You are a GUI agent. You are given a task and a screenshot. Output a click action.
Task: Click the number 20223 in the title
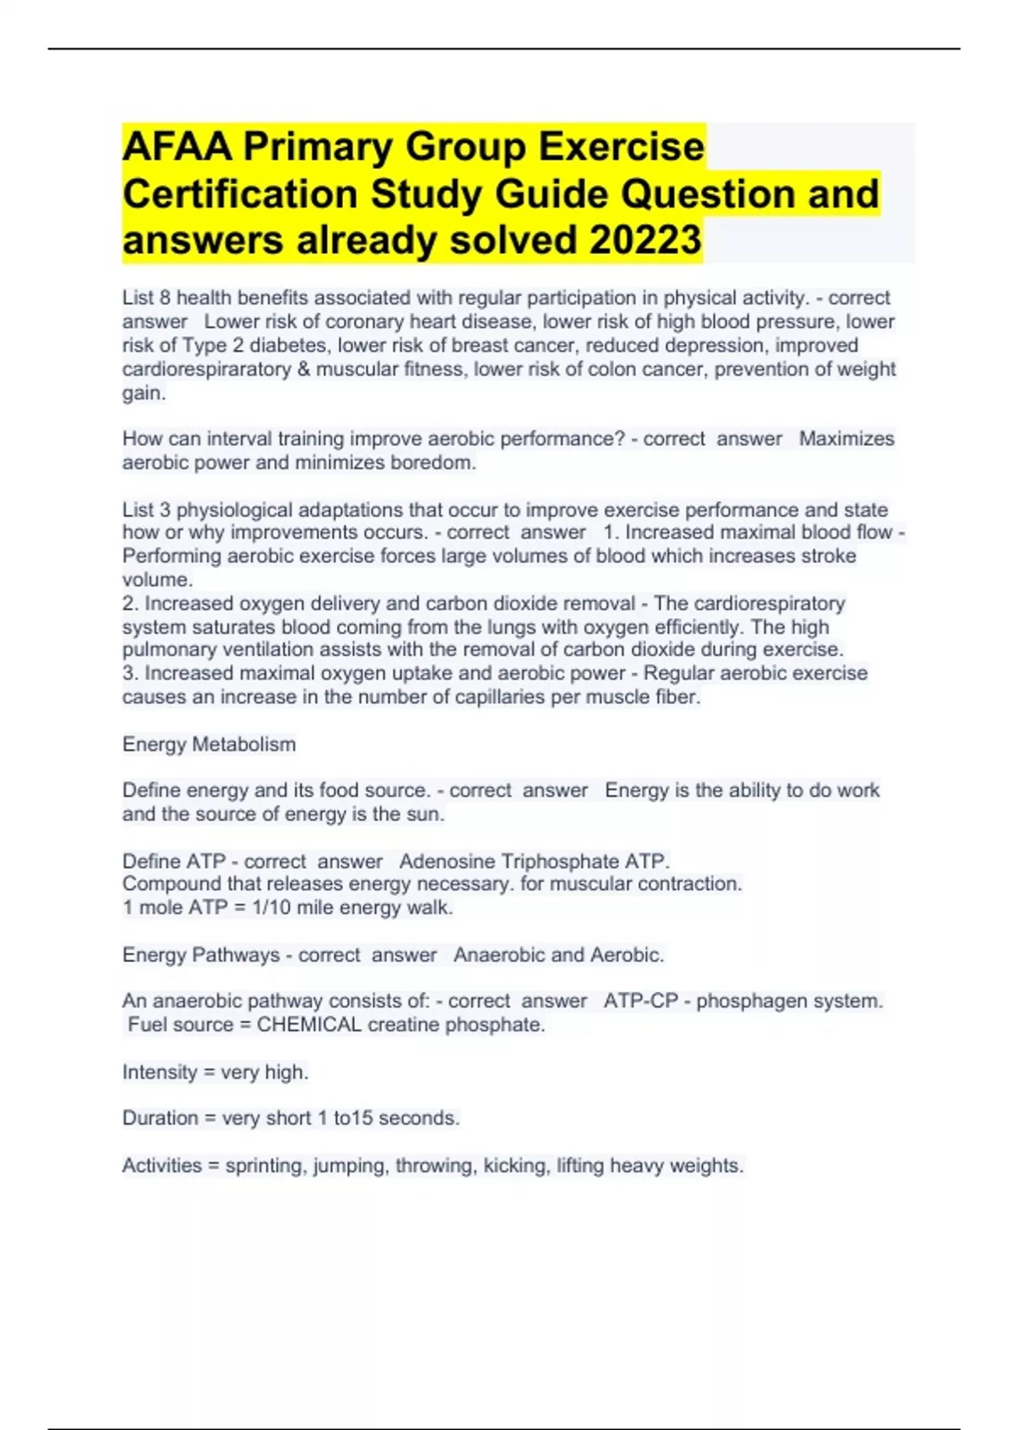(x=645, y=240)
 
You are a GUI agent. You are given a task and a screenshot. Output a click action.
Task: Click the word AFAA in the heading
(x=177, y=147)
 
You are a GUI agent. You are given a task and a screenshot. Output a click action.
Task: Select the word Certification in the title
(x=240, y=194)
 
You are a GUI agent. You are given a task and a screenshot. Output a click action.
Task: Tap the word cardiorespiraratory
(x=206, y=369)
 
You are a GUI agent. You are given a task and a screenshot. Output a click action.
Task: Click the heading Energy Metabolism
(x=209, y=744)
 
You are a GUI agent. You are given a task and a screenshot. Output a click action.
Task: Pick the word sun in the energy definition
(x=424, y=814)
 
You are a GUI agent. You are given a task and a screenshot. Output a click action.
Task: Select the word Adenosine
(x=446, y=861)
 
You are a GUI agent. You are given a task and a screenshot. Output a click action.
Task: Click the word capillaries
(x=499, y=697)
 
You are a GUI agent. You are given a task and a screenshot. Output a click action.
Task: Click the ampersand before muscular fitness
(x=304, y=369)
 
